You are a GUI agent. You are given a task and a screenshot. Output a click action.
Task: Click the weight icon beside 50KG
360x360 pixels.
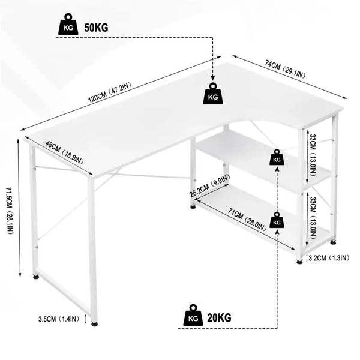pos(67,26)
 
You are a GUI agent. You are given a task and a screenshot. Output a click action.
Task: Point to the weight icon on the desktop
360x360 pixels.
pos(213,95)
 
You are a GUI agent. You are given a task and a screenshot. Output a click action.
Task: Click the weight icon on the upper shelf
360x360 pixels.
pos(277,158)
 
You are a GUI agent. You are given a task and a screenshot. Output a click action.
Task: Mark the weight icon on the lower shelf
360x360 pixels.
pos(277,220)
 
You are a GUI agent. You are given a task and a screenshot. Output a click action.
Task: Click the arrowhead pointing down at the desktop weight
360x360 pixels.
pos(213,77)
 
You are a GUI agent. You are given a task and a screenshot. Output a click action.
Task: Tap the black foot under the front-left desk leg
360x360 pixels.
pos(94,324)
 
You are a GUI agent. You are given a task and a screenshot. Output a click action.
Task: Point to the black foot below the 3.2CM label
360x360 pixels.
pos(299,262)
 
